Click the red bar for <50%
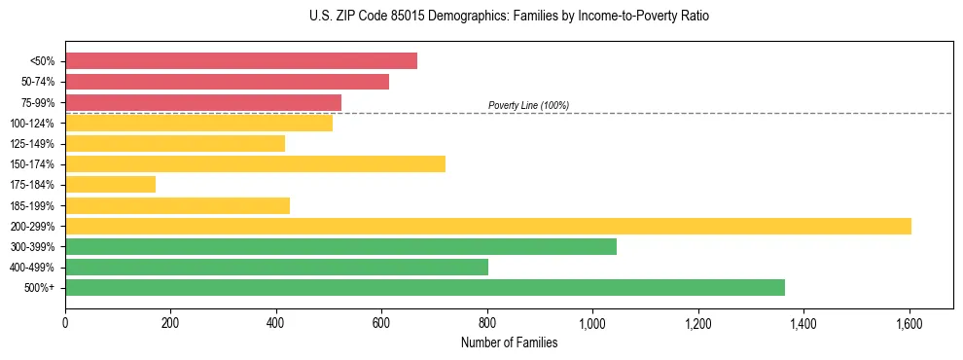pyautogui.click(x=241, y=61)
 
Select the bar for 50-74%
pyautogui.click(x=227, y=82)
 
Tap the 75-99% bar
pyautogui.click(x=203, y=102)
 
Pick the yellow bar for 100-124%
pyautogui.click(x=198, y=123)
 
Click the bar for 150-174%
pyautogui.click(x=255, y=163)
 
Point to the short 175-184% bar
pyautogui.click(x=110, y=184)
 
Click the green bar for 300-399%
pyautogui.click(x=340, y=246)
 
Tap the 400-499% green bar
pyautogui.click(x=276, y=267)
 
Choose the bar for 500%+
pyautogui.click(x=425, y=287)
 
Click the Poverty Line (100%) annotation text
pyautogui.click(x=528, y=105)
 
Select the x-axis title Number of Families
pyautogui.click(x=509, y=342)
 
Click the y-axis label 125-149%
pyautogui.click(x=33, y=143)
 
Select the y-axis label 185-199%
pyautogui.click(x=33, y=205)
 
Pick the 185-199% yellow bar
pyautogui.click(x=177, y=205)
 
